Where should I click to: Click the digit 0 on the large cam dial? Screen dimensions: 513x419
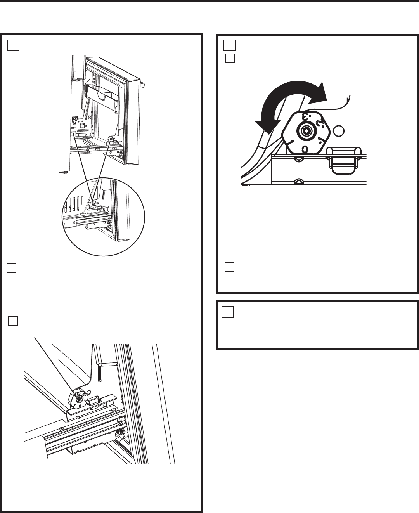pyautogui.click(x=305, y=149)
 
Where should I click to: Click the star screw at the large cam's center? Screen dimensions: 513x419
pyautogui.click(x=306, y=131)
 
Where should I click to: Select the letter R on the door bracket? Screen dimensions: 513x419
pyautogui.click(x=89, y=116)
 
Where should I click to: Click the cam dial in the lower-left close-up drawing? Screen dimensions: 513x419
pyautogui.click(x=78, y=399)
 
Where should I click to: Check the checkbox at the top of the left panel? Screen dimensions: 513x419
pyautogui.click(x=12, y=46)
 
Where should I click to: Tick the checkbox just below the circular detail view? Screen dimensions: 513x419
pyautogui.click(x=11, y=268)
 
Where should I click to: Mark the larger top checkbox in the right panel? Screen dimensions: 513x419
pyautogui.click(x=230, y=45)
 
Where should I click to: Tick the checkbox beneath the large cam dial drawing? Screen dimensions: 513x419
pyautogui.click(x=230, y=267)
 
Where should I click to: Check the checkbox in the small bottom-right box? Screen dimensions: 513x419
pyautogui.click(x=228, y=312)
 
